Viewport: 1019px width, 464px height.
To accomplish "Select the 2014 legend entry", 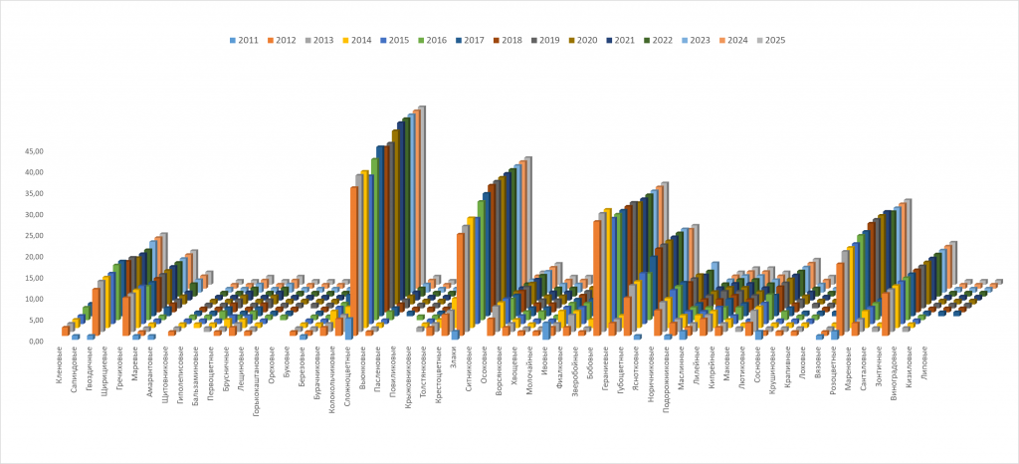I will click(356, 40).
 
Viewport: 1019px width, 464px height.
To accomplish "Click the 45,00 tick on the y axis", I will click(33, 151).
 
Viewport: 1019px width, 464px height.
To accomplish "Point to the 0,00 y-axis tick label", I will click(36, 342).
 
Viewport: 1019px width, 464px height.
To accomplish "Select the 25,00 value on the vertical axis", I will click(33, 236).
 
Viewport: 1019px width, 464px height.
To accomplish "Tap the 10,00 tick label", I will click(33, 299).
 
